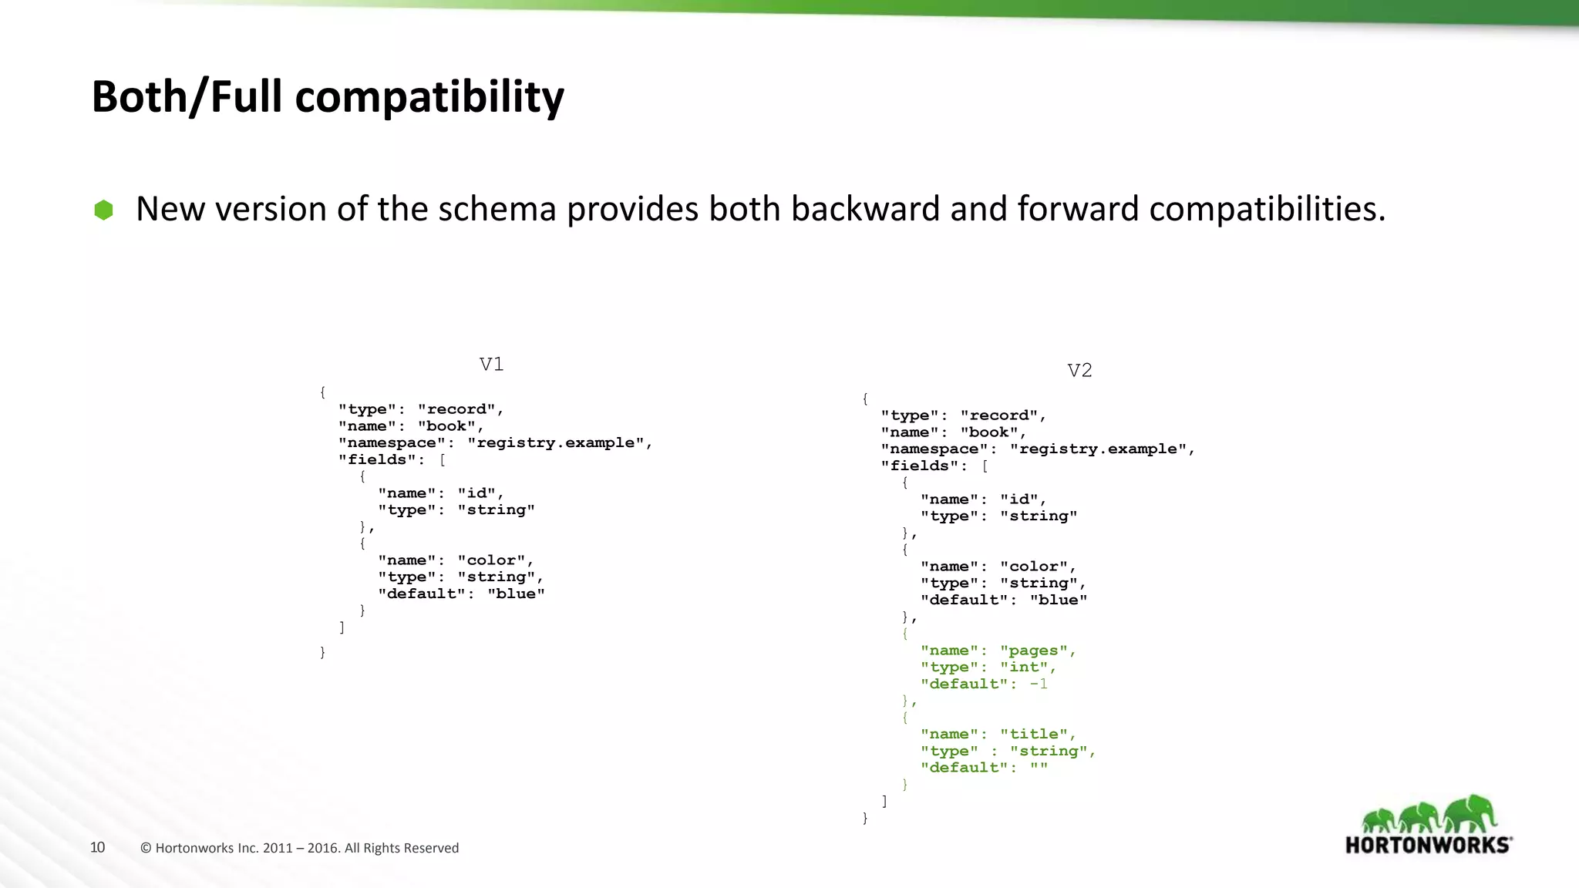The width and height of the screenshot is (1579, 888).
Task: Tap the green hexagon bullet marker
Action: (x=103, y=210)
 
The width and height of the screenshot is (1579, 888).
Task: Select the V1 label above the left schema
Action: (x=491, y=364)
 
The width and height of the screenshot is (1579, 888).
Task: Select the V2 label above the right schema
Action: (x=1079, y=371)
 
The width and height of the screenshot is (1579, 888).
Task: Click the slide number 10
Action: (x=97, y=847)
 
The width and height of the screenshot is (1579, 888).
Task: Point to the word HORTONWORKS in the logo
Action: (x=1428, y=845)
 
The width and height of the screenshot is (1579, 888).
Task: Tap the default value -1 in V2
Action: (x=1039, y=684)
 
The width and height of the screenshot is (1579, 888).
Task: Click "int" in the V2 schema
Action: (x=1024, y=668)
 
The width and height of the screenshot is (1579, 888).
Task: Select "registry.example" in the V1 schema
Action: (x=555, y=443)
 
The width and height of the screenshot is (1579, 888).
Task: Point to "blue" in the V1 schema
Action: (x=515, y=594)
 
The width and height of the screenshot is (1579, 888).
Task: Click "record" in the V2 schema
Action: (x=999, y=415)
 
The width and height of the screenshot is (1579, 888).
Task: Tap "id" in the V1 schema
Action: (x=476, y=493)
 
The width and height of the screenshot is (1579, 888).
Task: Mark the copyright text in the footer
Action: (x=300, y=848)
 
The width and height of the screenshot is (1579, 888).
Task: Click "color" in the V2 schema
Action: (x=1033, y=567)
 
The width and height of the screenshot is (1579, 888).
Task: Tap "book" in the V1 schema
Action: (x=446, y=426)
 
